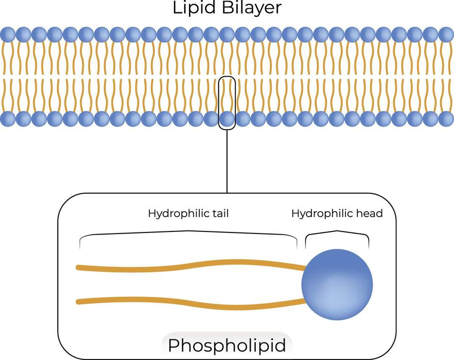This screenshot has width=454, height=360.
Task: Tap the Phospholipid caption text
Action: pyautogui.click(x=227, y=346)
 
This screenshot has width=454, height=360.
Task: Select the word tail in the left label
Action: pyautogui.click(x=219, y=213)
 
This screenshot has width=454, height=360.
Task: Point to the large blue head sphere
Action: pyautogui.click(x=337, y=284)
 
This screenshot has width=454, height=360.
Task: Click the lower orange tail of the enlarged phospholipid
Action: pyautogui.click(x=190, y=303)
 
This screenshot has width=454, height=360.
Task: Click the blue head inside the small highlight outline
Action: pyautogui.click(x=227, y=119)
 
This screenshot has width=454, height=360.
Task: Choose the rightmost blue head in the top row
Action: pyautogui.click(x=446, y=34)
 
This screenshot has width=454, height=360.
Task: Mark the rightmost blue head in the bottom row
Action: pyautogui.click(x=446, y=119)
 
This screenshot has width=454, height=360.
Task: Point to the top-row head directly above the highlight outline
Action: pyautogui.click(x=227, y=34)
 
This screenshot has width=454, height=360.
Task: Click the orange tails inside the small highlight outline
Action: pyautogui.click(x=227, y=95)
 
